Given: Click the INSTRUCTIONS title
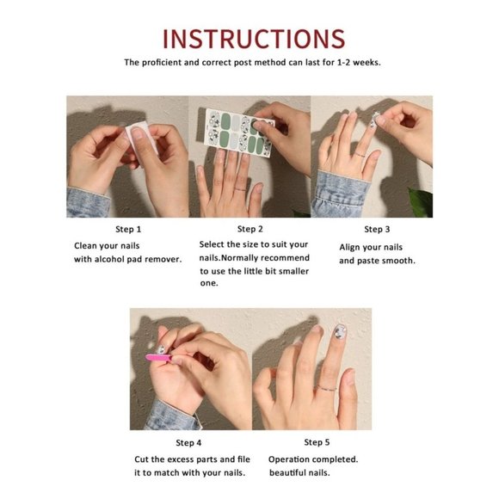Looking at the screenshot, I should click(253, 38).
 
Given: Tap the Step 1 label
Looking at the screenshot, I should click(128, 230).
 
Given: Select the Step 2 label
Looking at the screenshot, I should click(249, 229).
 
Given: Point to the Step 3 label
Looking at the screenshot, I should click(377, 229).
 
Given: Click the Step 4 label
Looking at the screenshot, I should click(189, 442).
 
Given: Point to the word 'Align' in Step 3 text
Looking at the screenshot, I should click(351, 247).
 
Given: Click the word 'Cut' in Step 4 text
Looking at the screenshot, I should click(142, 459).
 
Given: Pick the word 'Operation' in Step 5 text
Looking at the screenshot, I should click(290, 459).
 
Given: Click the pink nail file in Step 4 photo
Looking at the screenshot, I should click(159, 357).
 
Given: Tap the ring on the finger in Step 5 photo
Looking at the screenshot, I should click(325, 387).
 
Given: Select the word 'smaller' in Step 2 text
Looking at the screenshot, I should click(293, 271).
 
